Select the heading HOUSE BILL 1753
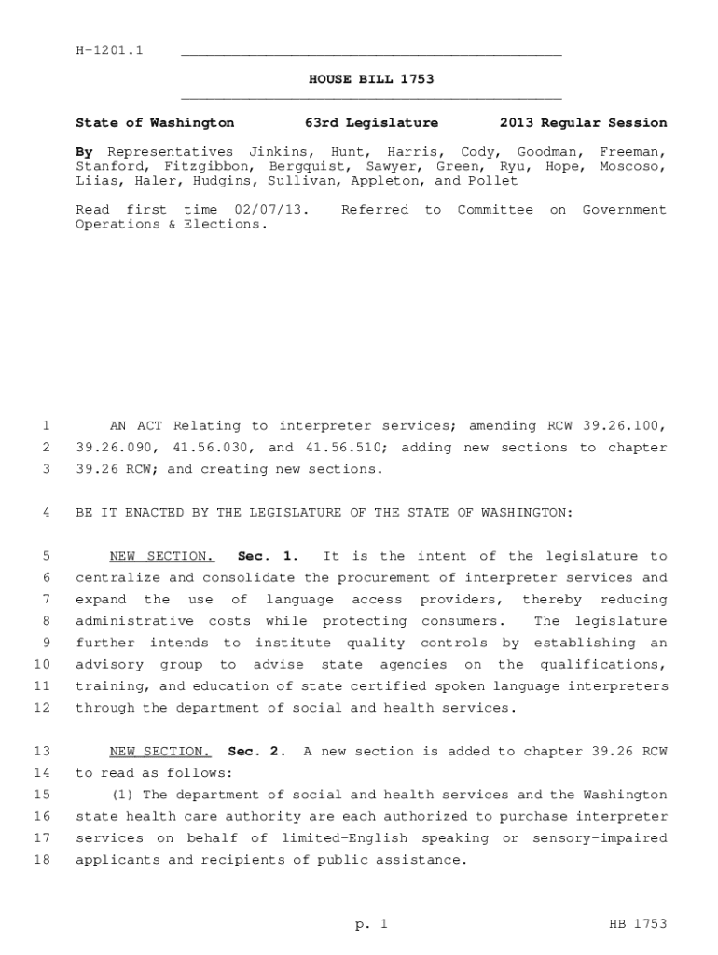[x=371, y=79]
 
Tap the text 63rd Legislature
[x=371, y=123]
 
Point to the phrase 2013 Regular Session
[x=583, y=123]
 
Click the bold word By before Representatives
[x=84, y=151]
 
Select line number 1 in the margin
[x=45, y=426]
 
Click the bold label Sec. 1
[x=269, y=557]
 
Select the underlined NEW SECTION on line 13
[x=160, y=752]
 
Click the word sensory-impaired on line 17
[x=600, y=838]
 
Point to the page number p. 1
[x=370, y=924]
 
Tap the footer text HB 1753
[x=638, y=924]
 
